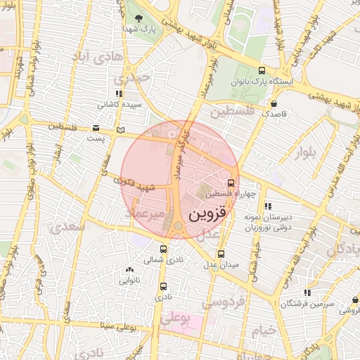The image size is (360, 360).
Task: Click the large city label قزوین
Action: click(x=208, y=214)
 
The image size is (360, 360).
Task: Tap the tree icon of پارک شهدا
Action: click(x=137, y=18)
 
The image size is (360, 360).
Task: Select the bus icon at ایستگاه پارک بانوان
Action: click(x=262, y=71)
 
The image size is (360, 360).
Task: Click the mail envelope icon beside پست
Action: click(x=96, y=127)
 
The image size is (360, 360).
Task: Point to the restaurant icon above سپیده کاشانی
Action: click(x=118, y=94)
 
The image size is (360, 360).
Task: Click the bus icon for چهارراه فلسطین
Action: click(x=232, y=183)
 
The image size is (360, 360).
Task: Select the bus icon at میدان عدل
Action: click(x=221, y=254)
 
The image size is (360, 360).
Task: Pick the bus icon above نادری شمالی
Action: click(x=164, y=249)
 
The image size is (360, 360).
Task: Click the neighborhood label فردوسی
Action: click(x=222, y=302)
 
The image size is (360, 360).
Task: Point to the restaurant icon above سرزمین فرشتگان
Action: click(x=307, y=292)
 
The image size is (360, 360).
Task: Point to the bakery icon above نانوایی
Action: click(x=129, y=269)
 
